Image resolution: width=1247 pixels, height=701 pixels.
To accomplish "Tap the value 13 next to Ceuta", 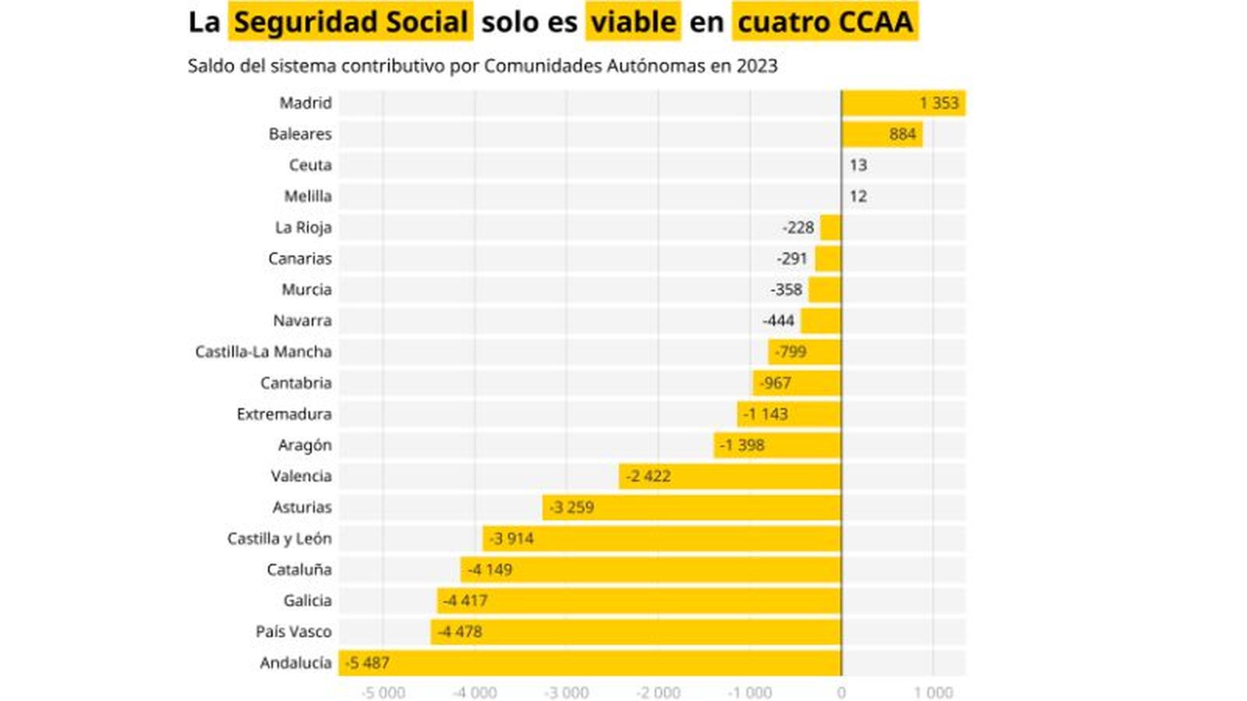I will coord(858,165).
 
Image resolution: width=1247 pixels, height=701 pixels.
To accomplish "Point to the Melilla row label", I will coord(307,196).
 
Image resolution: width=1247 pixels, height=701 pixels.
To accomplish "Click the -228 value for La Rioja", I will coord(798,227).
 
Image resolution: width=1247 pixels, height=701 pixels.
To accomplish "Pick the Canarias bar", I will coord(828,259).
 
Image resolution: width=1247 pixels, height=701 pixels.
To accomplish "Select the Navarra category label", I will coord(302,321).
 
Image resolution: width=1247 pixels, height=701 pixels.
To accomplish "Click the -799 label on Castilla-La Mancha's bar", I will coord(791,352).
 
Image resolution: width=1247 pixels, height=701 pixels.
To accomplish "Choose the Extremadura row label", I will coord(284,414).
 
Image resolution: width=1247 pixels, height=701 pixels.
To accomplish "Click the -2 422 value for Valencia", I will coord(648,477).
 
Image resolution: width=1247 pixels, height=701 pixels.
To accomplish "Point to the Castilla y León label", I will coord(279,539).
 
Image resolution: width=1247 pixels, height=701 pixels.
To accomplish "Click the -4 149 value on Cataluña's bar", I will coord(489,570).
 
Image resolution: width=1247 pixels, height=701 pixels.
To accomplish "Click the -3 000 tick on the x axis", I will coord(566,692).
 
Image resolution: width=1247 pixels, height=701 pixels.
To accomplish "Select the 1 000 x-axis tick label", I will coord(933,692).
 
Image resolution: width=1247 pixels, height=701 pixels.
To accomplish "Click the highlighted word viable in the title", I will coord(633,22).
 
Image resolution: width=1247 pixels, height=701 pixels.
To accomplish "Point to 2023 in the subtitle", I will coord(755,66).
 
